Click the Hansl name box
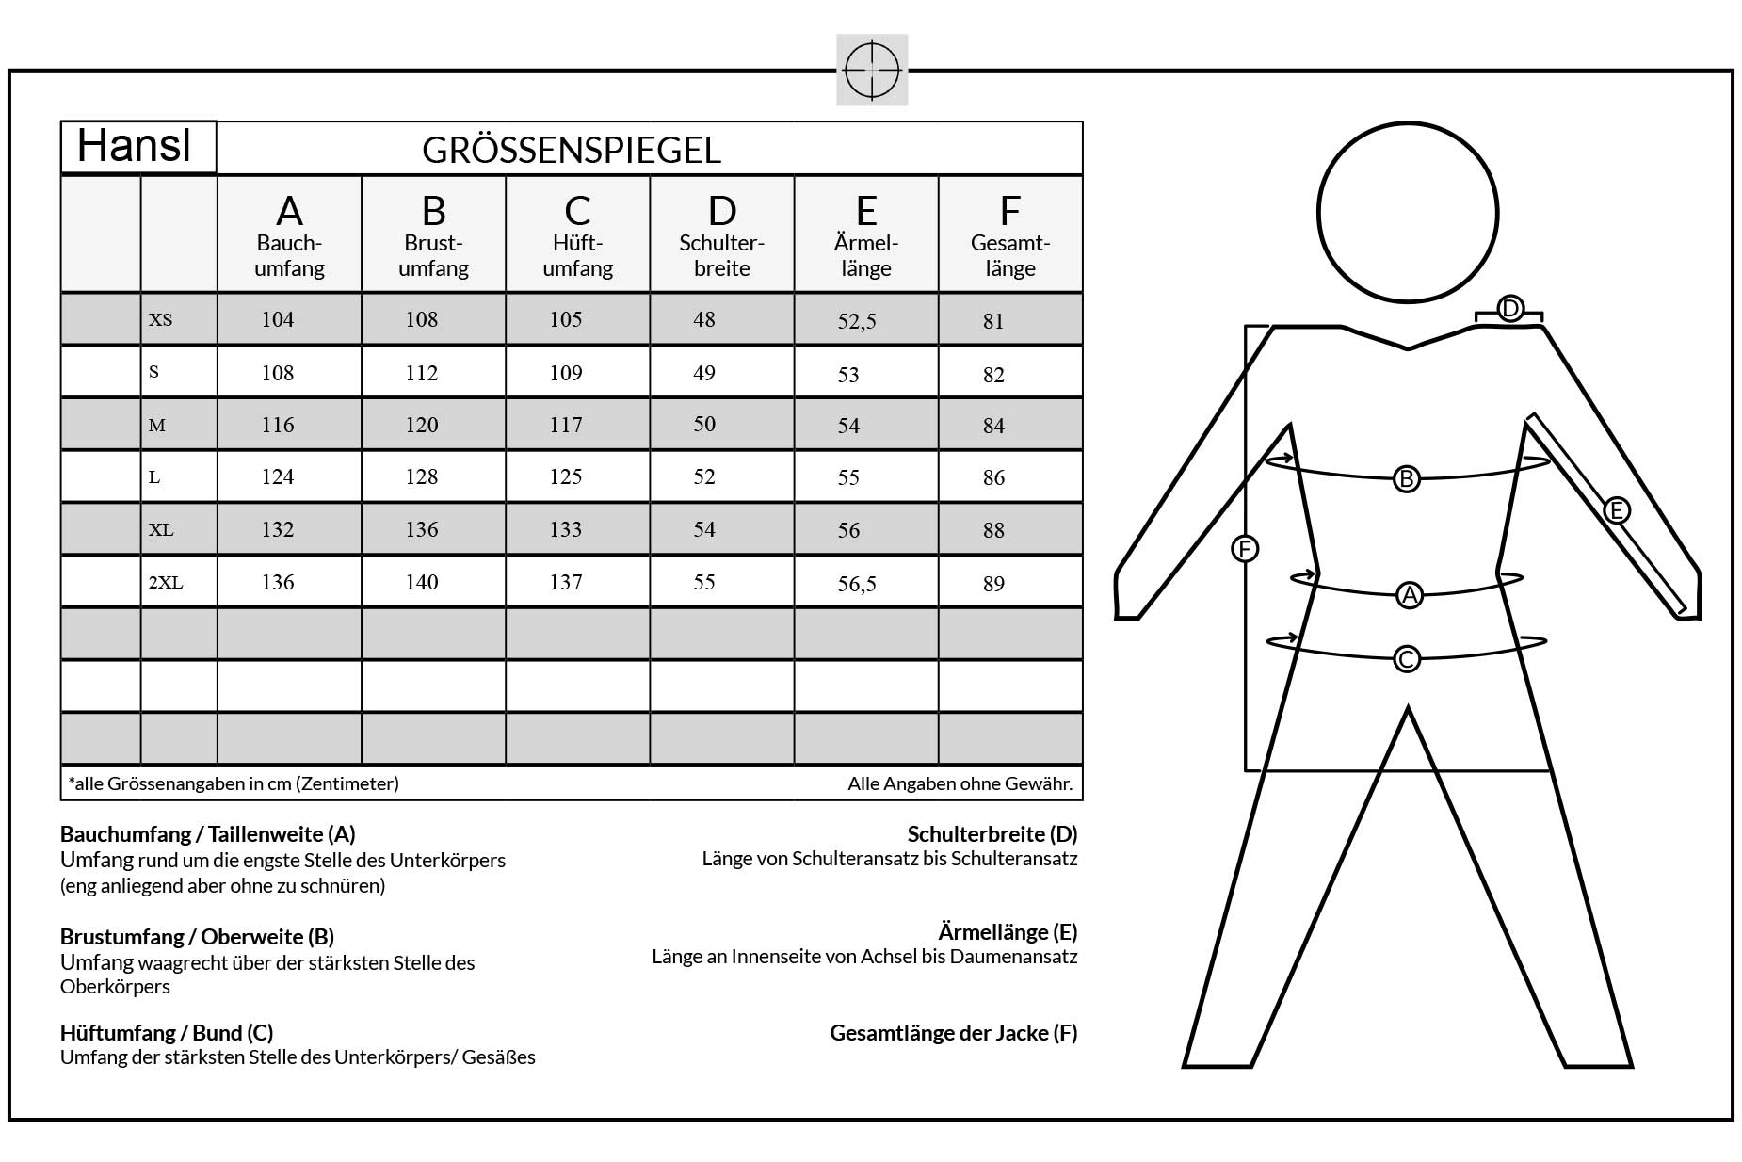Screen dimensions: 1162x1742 pos(137,147)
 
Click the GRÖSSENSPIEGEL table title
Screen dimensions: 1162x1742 pos(572,151)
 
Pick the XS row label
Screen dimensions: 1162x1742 pos(161,320)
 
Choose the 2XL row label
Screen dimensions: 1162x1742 pos(166,583)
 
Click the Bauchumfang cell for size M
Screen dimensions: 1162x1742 pos(278,426)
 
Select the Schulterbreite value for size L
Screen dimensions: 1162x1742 pos(704,477)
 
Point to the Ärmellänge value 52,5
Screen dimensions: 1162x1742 pos(857,322)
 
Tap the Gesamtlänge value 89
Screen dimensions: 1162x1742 pos(993,585)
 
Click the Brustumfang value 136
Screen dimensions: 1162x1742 pos(422,530)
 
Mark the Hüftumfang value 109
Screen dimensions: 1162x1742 pos(566,374)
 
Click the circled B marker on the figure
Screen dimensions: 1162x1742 pos(1406,479)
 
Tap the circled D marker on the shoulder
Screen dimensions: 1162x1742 pos(1509,309)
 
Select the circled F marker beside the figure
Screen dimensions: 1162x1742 pos(1245,549)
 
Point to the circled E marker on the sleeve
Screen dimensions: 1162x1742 pos(1616,510)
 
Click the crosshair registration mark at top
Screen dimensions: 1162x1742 pos(872,70)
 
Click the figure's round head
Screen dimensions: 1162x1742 pos(1407,213)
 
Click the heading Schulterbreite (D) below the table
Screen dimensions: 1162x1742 pos(992,834)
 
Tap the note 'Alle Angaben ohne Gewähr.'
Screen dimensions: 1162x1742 pos(960,783)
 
